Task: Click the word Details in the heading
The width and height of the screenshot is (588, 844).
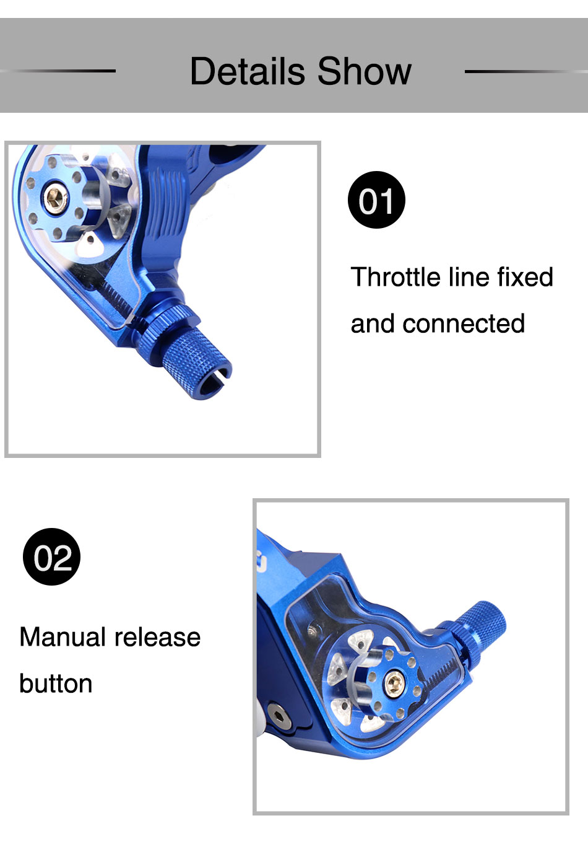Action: point(248,71)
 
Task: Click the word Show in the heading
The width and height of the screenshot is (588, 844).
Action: point(365,71)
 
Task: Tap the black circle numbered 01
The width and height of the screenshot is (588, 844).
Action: point(376,200)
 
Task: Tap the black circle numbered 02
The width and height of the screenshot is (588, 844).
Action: point(51,556)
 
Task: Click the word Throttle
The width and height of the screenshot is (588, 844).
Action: point(396,277)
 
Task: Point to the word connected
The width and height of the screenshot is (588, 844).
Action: point(464,323)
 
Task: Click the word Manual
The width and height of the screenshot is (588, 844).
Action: point(63,637)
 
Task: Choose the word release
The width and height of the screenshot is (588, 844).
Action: point(157,637)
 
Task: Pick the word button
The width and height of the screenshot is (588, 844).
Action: point(56,683)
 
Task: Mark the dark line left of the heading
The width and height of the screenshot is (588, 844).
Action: point(58,71)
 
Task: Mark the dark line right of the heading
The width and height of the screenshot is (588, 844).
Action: point(526,71)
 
